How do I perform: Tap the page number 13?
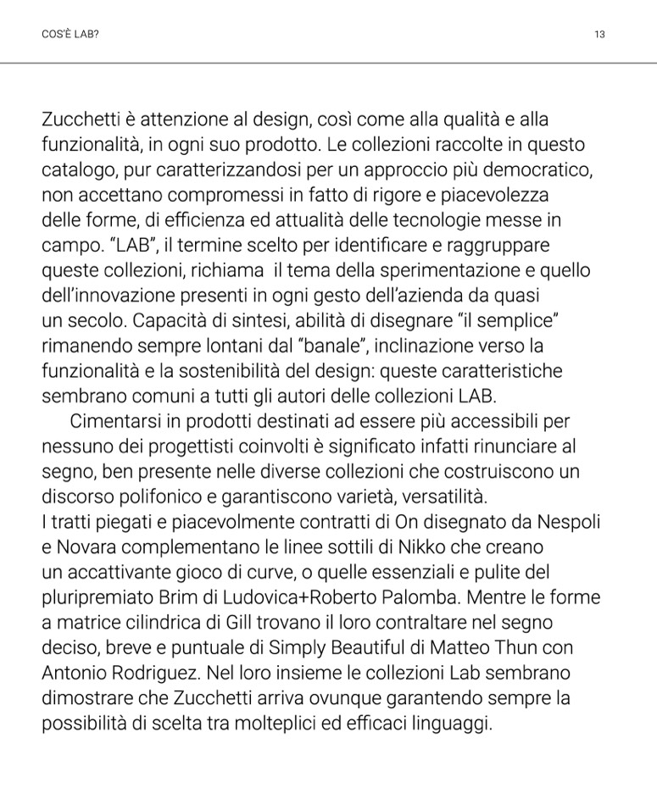599,35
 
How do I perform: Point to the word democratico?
527,169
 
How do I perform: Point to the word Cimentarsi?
112,421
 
